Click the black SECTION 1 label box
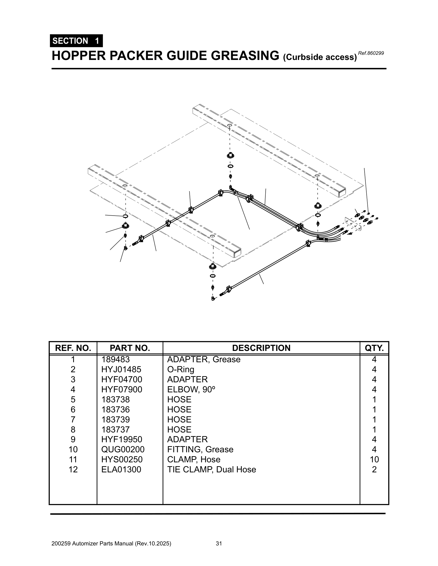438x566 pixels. (x=76, y=41)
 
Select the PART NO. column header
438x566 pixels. (x=130, y=348)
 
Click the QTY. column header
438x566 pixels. (x=374, y=348)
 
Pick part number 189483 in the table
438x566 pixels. (x=115, y=359)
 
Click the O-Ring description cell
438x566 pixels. (x=181, y=369)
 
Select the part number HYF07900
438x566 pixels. (x=121, y=389)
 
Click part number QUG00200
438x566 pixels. (x=122, y=449)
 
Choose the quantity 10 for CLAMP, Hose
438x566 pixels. (x=374, y=459)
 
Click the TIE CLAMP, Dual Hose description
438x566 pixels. (x=212, y=469)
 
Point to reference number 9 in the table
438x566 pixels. (x=73, y=439)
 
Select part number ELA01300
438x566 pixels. (x=121, y=469)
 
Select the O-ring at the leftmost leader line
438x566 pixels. (x=125, y=216)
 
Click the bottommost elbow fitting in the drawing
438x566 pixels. (x=213, y=299)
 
